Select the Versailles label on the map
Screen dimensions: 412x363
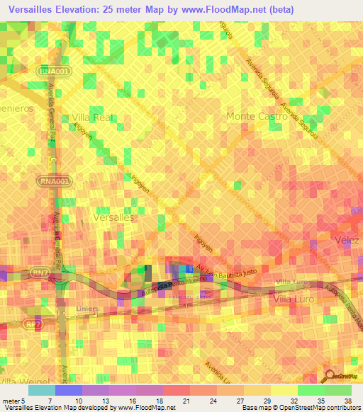coord(113,219)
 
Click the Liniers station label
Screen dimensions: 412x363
coord(88,309)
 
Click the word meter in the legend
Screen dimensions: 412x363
coord(12,400)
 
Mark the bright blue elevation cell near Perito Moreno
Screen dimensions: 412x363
coord(186,268)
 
